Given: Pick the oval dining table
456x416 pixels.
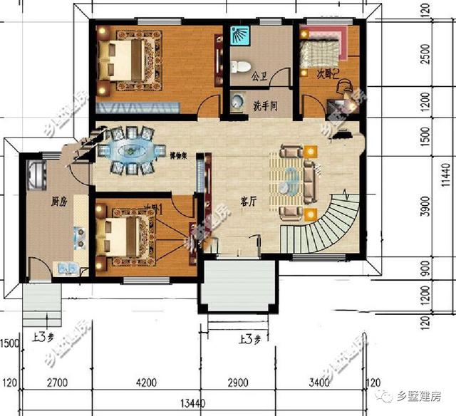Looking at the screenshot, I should (x=129, y=150).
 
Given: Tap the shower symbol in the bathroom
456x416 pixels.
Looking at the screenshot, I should (x=241, y=35).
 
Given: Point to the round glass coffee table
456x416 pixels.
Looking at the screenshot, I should (x=291, y=182).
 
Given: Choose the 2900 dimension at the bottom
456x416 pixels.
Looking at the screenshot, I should (x=238, y=385).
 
